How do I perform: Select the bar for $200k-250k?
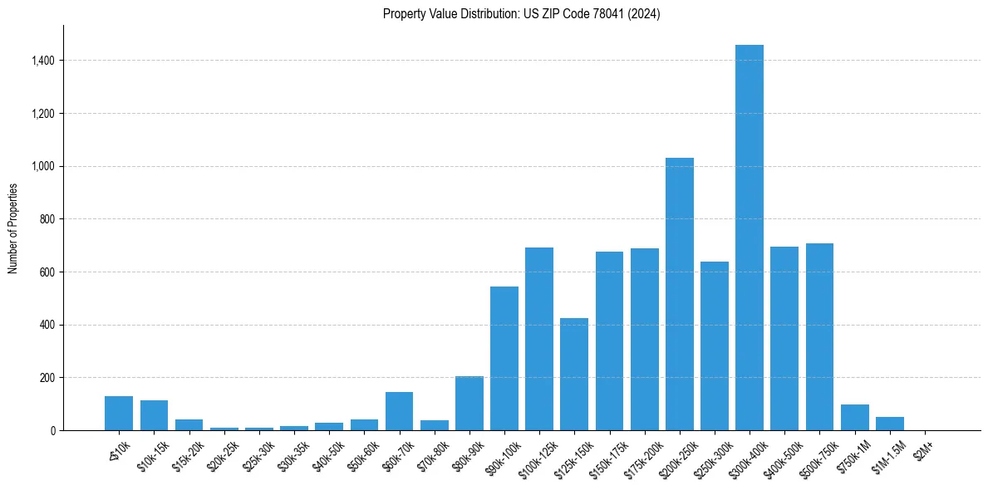coord(679,294)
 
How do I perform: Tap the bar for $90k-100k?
coord(504,358)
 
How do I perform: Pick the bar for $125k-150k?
coord(574,375)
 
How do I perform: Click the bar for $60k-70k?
coord(399,411)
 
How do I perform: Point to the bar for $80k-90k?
coord(469,404)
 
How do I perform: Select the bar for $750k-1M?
coord(854,418)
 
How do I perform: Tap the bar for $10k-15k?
coord(154,415)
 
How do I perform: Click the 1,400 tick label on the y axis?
coord(43,61)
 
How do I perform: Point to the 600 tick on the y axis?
coord(49,272)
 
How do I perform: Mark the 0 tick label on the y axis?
coord(53,430)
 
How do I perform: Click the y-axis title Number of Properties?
coord(12,228)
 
